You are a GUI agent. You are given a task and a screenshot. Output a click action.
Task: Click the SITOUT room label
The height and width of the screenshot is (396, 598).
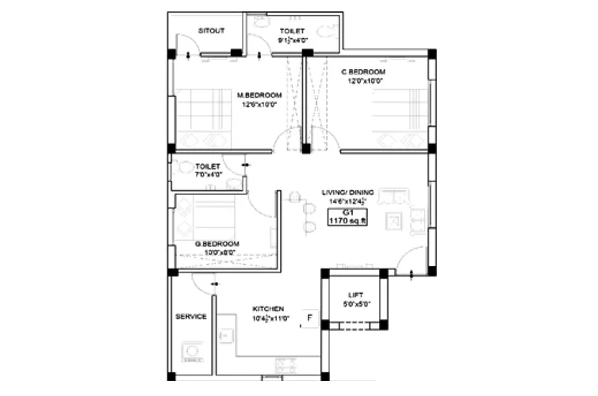pyautogui.click(x=212, y=31)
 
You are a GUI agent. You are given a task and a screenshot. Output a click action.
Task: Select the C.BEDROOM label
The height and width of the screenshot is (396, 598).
pyautogui.click(x=363, y=71)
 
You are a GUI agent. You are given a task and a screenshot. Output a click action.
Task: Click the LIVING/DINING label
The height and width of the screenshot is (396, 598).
pyautogui.click(x=347, y=192)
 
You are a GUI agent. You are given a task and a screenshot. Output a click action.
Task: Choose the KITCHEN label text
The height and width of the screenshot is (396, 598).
pyautogui.click(x=269, y=309)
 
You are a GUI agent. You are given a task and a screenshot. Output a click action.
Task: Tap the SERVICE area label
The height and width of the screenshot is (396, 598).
pyautogui.click(x=191, y=316)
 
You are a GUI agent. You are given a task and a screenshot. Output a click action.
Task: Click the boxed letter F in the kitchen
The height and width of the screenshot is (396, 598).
pyautogui.click(x=309, y=320)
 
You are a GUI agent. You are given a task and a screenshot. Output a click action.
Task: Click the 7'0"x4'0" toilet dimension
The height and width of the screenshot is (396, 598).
pyautogui.click(x=209, y=174)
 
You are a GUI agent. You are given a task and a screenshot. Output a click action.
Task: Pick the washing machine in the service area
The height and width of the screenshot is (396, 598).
pyautogui.click(x=191, y=351)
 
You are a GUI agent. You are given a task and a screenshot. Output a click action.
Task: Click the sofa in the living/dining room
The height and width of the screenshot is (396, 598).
pyautogui.click(x=393, y=196)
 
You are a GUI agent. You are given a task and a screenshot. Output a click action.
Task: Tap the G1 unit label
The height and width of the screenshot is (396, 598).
pyautogui.click(x=348, y=213)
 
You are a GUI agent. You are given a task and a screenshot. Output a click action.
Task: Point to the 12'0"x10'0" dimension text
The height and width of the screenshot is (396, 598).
pyautogui.click(x=363, y=80)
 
